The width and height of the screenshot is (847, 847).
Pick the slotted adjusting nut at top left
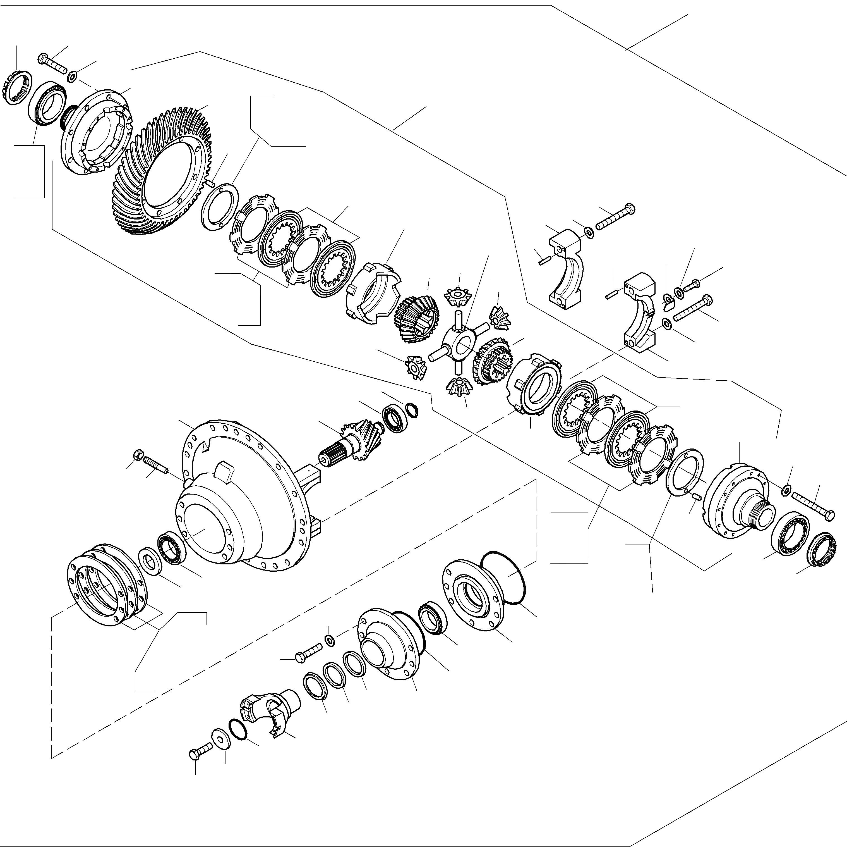coord(17,88)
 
